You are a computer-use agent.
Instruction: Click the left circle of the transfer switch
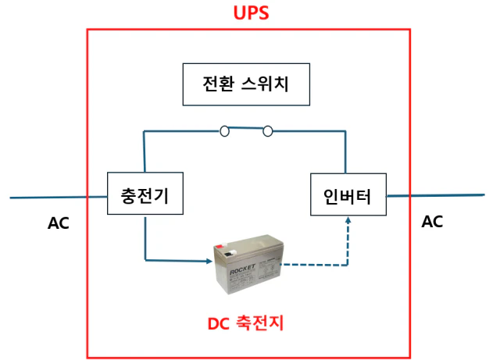point(225,130)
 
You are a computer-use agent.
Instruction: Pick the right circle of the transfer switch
point(268,130)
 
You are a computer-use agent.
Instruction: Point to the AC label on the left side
point(58,223)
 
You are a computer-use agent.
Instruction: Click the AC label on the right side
point(432,222)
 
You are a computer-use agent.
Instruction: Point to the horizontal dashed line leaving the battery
point(312,265)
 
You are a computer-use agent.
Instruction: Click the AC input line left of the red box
point(47,197)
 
